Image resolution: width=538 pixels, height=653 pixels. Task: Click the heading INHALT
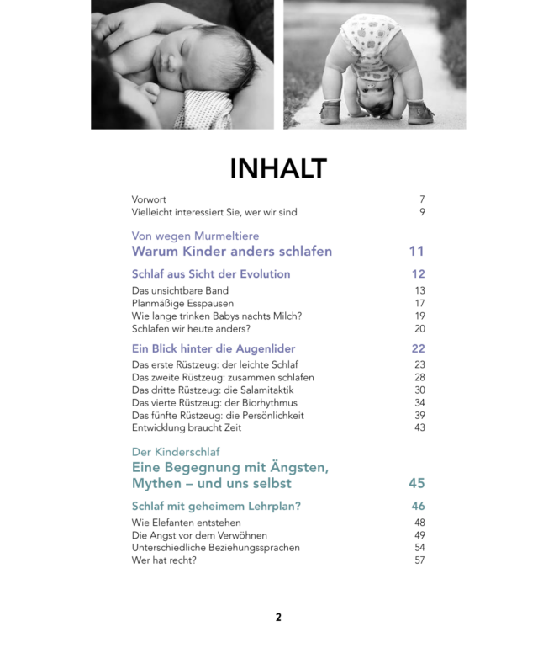pyautogui.click(x=277, y=168)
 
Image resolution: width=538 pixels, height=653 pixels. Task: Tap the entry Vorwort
pyautogui.click(x=149, y=199)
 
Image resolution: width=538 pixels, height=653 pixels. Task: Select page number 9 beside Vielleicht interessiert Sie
pyautogui.click(x=422, y=213)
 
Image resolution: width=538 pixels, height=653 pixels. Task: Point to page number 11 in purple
pyautogui.click(x=417, y=252)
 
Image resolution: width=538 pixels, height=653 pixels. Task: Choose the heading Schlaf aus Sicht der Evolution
pyautogui.click(x=211, y=274)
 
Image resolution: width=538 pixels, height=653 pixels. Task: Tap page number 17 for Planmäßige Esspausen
pyautogui.click(x=419, y=304)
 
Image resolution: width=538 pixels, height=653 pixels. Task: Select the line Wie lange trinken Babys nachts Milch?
pyautogui.click(x=217, y=316)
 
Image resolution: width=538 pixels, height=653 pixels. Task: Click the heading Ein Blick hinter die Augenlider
pyautogui.click(x=214, y=348)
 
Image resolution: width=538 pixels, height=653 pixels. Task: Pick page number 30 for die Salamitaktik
pyautogui.click(x=419, y=390)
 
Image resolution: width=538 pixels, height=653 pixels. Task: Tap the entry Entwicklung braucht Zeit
pyautogui.click(x=187, y=427)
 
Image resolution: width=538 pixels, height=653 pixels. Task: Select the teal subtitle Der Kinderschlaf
pyautogui.click(x=176, y=452)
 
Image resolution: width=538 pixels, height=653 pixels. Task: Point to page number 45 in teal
pyautogui.click(x=417, y=484)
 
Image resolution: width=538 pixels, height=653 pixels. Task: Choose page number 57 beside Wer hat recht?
pyautogui.click(x=419, y=560)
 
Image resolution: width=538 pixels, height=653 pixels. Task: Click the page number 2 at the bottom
pyautogui.click(x=278, y=618)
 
